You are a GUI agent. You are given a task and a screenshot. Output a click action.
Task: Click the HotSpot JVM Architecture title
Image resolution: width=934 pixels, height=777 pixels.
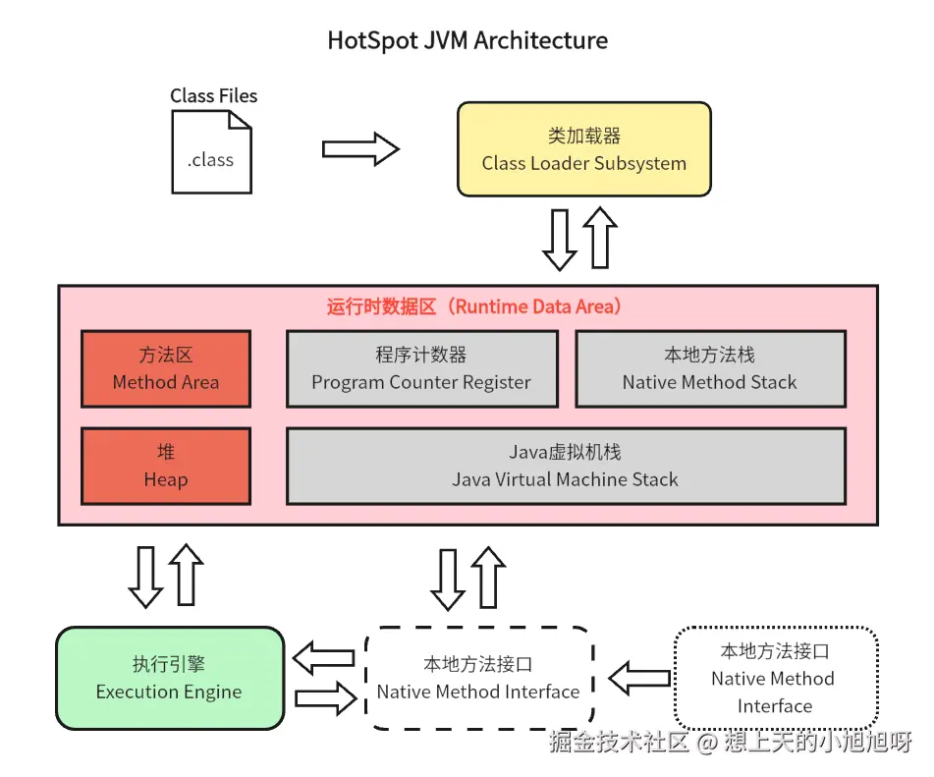click(467, 40)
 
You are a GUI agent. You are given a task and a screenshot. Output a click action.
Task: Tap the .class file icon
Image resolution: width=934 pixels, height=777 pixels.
click(211, 152)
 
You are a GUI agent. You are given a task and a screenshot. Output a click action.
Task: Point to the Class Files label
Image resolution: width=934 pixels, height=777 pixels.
click(213, 95)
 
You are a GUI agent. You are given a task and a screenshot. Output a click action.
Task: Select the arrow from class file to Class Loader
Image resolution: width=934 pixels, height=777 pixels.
click(360, 149)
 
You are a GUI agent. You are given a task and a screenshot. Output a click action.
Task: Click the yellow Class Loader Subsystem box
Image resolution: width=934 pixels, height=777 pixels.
click(583, 149)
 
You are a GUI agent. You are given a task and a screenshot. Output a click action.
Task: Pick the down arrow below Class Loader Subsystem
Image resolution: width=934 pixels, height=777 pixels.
click(560, 240)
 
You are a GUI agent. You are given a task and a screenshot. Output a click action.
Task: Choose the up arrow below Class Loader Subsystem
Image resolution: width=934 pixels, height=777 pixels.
click(600, 237)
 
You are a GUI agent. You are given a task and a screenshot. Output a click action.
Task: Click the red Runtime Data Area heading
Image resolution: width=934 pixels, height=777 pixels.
click(473, 306)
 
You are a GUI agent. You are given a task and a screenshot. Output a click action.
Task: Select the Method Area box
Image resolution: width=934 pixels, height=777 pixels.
click(166, 368)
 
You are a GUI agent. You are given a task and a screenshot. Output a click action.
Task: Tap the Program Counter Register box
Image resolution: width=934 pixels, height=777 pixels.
click(421, 368)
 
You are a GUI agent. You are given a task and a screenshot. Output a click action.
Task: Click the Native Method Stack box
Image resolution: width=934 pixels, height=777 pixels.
click(710, 368)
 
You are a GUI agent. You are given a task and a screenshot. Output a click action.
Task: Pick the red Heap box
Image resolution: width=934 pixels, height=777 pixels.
click(166, 466)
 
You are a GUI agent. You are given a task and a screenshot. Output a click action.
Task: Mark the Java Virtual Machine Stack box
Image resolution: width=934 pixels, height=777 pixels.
click(566, 466)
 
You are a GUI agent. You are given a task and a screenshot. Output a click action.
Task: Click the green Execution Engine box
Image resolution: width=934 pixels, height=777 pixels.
click(170, 678)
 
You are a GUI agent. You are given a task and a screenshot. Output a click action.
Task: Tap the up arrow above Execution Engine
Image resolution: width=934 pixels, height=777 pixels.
click(187, 575)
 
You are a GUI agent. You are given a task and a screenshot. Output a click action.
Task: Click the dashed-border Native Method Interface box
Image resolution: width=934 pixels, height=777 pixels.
click(479, 678)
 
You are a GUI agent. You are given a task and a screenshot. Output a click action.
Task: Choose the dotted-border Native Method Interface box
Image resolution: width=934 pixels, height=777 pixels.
click(775, 678)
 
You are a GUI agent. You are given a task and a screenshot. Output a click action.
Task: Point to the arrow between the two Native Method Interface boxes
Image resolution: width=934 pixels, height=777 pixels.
click(639, 678)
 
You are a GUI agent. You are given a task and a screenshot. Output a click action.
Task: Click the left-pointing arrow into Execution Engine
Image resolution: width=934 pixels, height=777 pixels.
click(324, 658)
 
